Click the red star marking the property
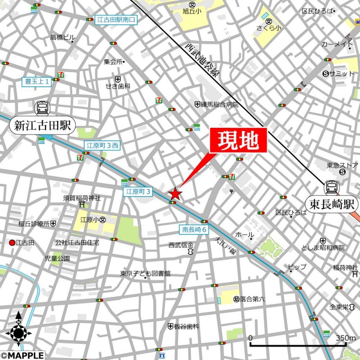pyautogui.click(x=175, y=194)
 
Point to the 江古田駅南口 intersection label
pyautogui.click(x=116, y=20)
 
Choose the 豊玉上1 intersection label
pyautogui.click(x=37, y=81)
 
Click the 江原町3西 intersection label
pyautogui.click(x=102, y=145)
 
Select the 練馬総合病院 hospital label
pyautogui.click(x=220, y=104)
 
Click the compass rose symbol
pyautogui.click(x=18, y=333)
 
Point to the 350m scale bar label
pyautogui.click(x=346, y=338)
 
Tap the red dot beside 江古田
pyautogui.click(x=12, y=243)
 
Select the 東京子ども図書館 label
pyautogui.click(x=145, y=273)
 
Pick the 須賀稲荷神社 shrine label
pyautogui.click(x=81, y=198)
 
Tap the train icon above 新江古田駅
pyautogui.click(x=43, y=108)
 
